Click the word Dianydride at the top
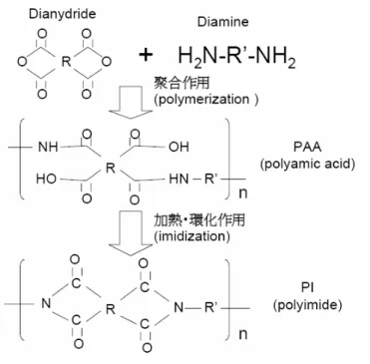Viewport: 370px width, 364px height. (62, 14)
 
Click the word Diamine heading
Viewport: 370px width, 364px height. (222, 22)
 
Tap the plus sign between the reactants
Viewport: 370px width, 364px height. (146, 55)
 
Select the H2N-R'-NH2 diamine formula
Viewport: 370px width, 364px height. (236, 56)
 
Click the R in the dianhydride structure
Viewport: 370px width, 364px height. (67, 62)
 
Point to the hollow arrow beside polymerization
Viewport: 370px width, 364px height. (130, 102)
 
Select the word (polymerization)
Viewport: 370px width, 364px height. (205, 100)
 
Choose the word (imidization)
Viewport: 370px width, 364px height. (191, 236)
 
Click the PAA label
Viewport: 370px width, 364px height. (307, 147)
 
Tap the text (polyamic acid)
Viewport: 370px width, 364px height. (307, 164)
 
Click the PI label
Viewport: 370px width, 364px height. (308, 287)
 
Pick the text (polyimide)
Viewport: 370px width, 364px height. (307, 305)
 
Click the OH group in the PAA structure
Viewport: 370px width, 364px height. (179, 147)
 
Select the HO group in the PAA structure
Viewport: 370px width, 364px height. (46, 179)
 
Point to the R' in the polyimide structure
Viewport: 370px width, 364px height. (210, 308)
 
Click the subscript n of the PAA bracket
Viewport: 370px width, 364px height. (243, 192)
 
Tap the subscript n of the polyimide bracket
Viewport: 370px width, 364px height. (243, 334)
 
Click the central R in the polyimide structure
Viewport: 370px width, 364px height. (110, 309)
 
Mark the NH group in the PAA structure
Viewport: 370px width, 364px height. (48, 147)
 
